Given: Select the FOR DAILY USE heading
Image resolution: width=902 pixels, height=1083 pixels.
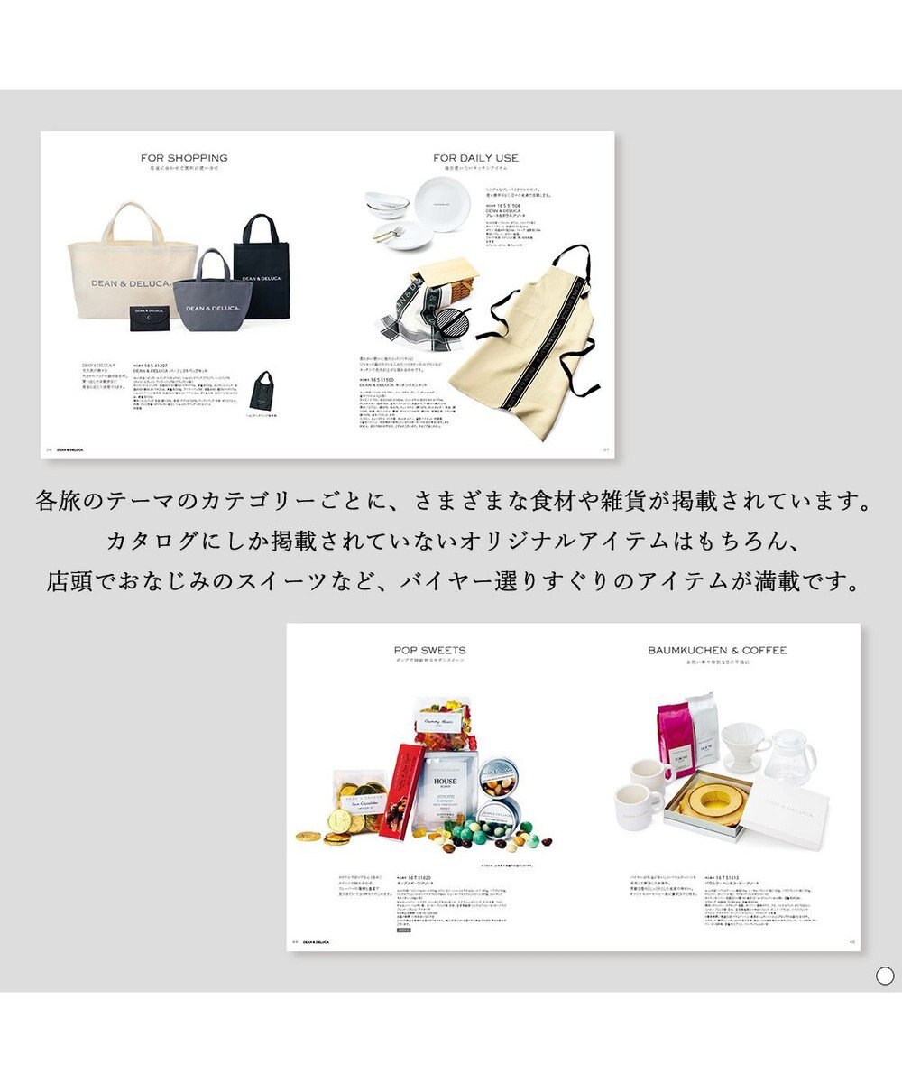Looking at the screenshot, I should point(475,158).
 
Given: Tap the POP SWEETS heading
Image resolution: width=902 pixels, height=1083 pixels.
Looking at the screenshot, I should point(429,650).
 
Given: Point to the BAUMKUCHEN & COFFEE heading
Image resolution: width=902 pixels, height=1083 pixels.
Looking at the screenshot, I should point(717,650).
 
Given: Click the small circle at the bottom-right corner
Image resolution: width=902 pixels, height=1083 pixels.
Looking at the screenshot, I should point(884,976).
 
